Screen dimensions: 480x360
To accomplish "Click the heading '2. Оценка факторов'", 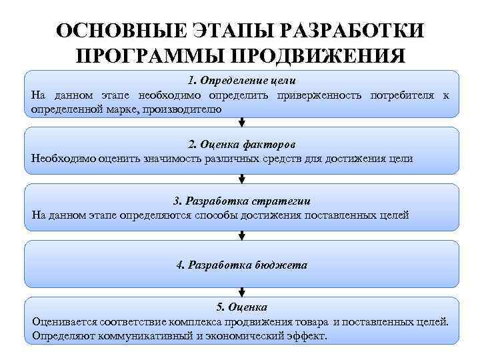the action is (241, 144).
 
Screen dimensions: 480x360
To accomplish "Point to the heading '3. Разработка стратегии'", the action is (241, 201).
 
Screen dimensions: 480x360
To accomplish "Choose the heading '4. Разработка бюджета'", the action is (241, 265).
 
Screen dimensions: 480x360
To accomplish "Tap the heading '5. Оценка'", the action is (241, 307).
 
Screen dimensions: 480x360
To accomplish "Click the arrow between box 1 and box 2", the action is (241, 122).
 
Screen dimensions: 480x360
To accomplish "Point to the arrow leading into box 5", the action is (241, 292).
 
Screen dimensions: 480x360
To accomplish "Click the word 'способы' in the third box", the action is (218, 215).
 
